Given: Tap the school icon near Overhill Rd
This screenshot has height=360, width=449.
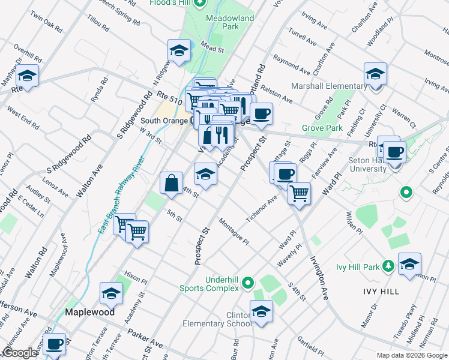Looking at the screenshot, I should [x=27, y=76].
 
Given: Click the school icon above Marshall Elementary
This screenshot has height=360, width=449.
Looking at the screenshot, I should [x=375, y=74].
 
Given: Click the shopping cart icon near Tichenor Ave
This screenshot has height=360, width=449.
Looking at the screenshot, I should [x=299, y=193].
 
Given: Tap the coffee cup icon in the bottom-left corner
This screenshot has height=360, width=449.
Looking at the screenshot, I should [x=54, y=344].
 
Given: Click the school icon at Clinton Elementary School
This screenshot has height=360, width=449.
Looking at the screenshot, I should [x=261, y=311].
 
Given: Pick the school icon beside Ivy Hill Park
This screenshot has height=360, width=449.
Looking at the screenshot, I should [x=409, y=264].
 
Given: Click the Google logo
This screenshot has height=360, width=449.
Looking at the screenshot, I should [x=19, y=353].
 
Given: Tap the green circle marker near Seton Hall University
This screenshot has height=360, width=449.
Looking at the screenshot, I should [x=406, y=193].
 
